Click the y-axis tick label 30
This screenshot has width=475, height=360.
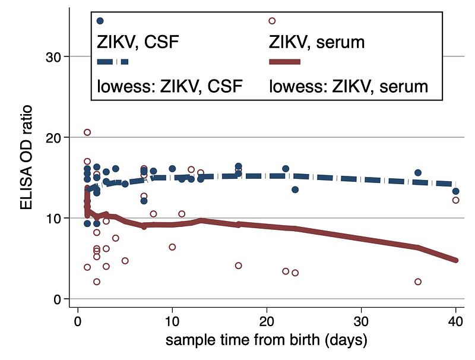(x=55, y=57)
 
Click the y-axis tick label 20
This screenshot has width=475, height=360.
(x=55, y=138)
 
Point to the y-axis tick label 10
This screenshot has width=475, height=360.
(x=55, y=219)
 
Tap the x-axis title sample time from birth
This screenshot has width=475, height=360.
(x=266, y=341)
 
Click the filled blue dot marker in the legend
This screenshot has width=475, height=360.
(x=100, y=21)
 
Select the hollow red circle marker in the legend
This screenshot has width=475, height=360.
(x=272, y=21)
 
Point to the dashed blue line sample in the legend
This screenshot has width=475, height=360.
(x=112, y=61)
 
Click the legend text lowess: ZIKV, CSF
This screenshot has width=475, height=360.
(x=170, y=86)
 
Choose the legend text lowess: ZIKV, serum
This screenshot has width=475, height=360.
(x=349, y=86)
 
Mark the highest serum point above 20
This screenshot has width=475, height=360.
(x=87, y=132)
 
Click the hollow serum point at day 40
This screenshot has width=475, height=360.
(x=455, y=200)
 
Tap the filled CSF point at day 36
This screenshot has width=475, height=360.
(x=418, y=173)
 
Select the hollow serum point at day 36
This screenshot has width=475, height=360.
(x=418, y=282)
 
